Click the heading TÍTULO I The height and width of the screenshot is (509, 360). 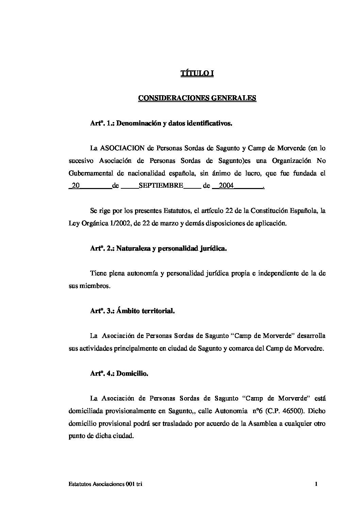pos(197,73)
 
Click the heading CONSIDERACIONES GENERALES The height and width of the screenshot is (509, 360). pos(197,98)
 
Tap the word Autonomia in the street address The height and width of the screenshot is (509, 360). pos(230,411)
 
